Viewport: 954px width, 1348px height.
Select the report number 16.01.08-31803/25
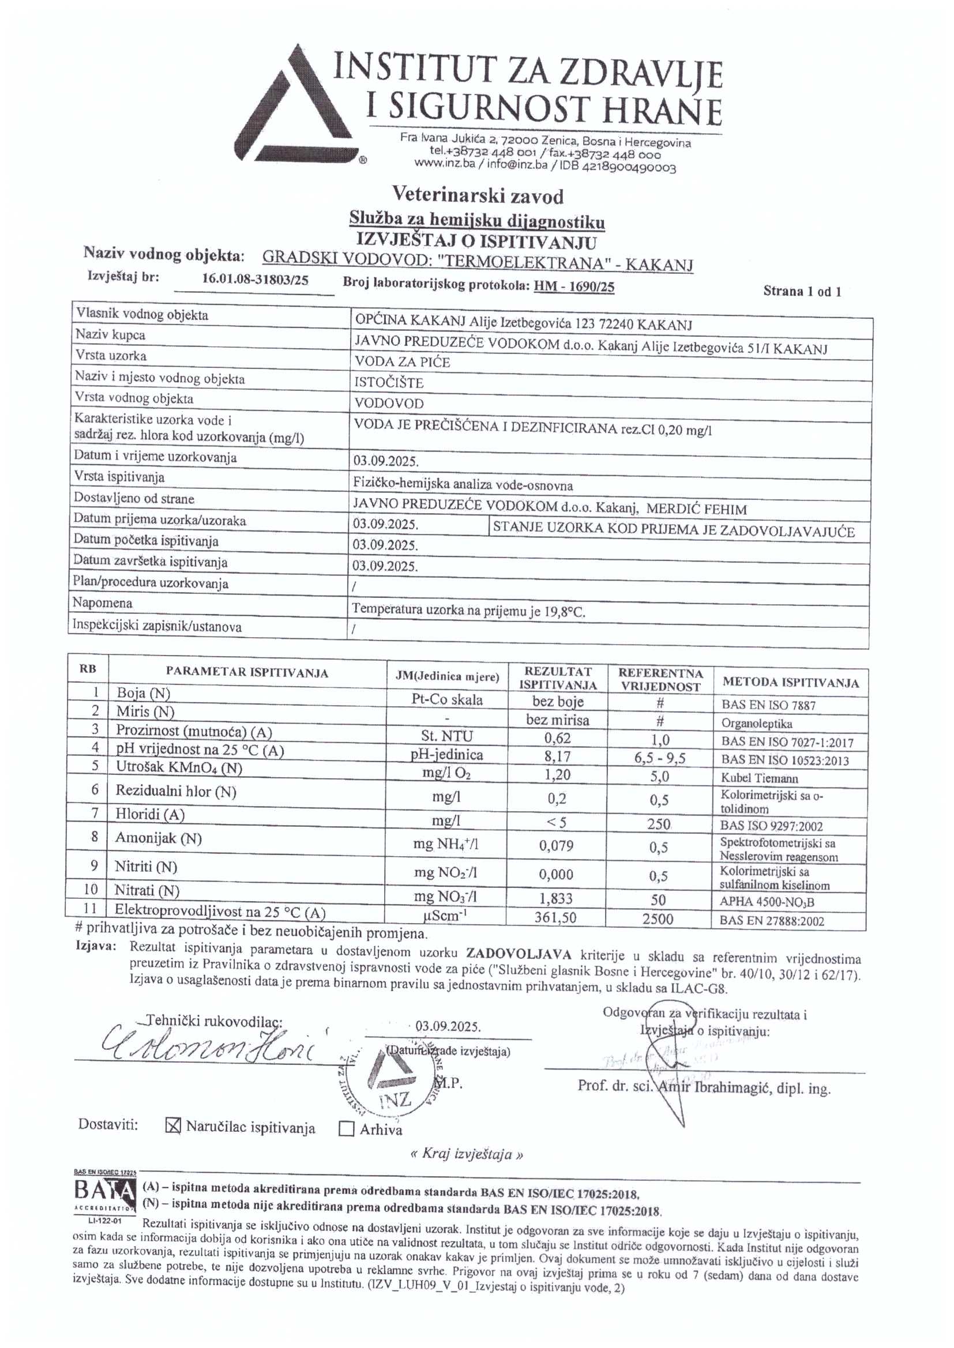[255, 280]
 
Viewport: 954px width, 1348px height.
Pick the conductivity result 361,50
[555, 917]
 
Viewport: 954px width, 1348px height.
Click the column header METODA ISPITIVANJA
[790, 682]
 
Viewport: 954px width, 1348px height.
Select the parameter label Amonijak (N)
[158, 838]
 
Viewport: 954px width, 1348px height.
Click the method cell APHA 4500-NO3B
[767, 902]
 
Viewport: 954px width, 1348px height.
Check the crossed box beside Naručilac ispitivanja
[173, 1125]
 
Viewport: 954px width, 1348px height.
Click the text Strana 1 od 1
[802, 291]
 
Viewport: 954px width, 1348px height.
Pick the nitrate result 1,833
[555, 898]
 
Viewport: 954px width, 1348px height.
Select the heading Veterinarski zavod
[478, 195]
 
